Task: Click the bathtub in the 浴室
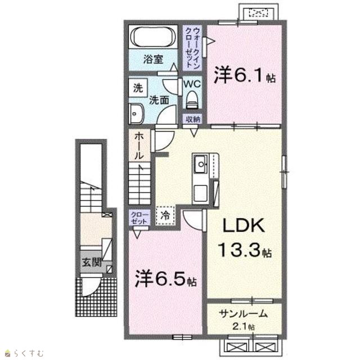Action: pos(153,37)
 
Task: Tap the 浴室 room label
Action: pos(153,59)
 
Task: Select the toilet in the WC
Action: pos(192,100)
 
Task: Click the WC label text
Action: pos(192,84)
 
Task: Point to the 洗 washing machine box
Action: pos(138,88)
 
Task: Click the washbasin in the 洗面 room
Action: pos(136,114)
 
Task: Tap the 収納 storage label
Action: pos(193,119)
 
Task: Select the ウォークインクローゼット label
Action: pos(192,47)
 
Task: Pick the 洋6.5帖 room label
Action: pos(166,278)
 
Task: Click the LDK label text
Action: pos(244,226)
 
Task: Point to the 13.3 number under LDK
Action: pos(240,250)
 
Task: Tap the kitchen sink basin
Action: pos(201,164)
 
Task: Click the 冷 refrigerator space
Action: pos(165,215)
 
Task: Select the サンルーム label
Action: pos(244,313)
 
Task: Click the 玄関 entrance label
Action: pos(92,262)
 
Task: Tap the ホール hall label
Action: pos(139,146)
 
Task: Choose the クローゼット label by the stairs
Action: pos(139,218)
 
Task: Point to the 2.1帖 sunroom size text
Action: pos(244,326)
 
